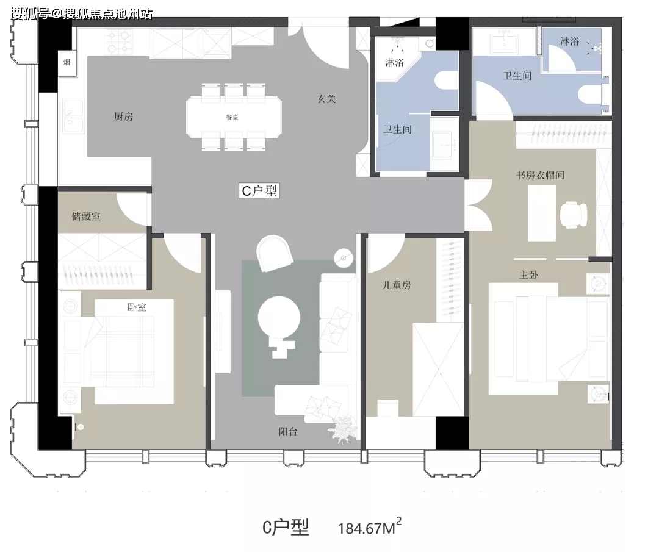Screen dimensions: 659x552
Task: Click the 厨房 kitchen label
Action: pos(123,116)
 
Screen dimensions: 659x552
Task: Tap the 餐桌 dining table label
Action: pos(232,118)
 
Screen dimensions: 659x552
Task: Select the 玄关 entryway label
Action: pos(326,99)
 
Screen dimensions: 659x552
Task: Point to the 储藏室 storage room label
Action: pos(86,217)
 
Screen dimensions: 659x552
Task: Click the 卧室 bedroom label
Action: pos(137,307)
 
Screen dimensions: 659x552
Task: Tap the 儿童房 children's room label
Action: pos(397,285)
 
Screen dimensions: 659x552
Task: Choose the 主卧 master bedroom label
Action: pos(528,275)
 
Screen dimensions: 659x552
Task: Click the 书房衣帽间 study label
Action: pos(540,175)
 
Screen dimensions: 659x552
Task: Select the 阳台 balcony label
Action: pos(288,431)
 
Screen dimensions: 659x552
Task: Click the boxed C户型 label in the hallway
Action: pos(259,191)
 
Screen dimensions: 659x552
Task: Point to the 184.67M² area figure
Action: pos(369,527)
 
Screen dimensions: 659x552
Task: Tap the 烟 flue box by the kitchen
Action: pos(67,63)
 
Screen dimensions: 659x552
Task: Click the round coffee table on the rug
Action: pos(279,318)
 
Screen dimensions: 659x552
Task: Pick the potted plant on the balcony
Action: pos(344,429)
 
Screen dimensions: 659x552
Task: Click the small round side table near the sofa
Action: pos(344,258)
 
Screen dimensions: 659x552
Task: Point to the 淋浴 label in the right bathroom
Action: pos(569,41)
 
